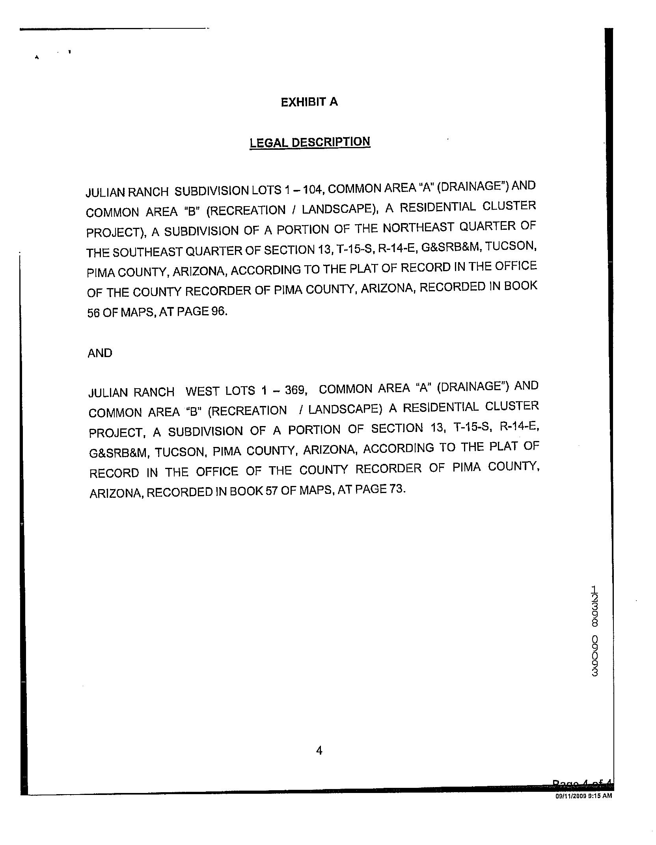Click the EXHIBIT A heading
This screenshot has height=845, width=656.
(x=309, y=102)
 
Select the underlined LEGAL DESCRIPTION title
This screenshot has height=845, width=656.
(x=310, y=142)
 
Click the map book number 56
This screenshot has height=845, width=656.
(x=93, y=313)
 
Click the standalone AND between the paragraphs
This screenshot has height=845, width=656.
(x=100, y=353)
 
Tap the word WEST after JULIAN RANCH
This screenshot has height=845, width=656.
(x=202, y=391)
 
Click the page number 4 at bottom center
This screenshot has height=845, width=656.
(x=319, y=751)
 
